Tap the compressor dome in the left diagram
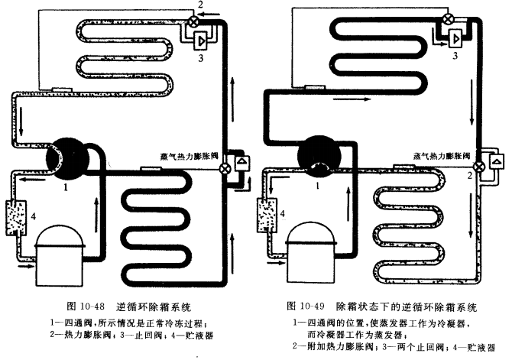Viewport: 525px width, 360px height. [58, 241]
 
